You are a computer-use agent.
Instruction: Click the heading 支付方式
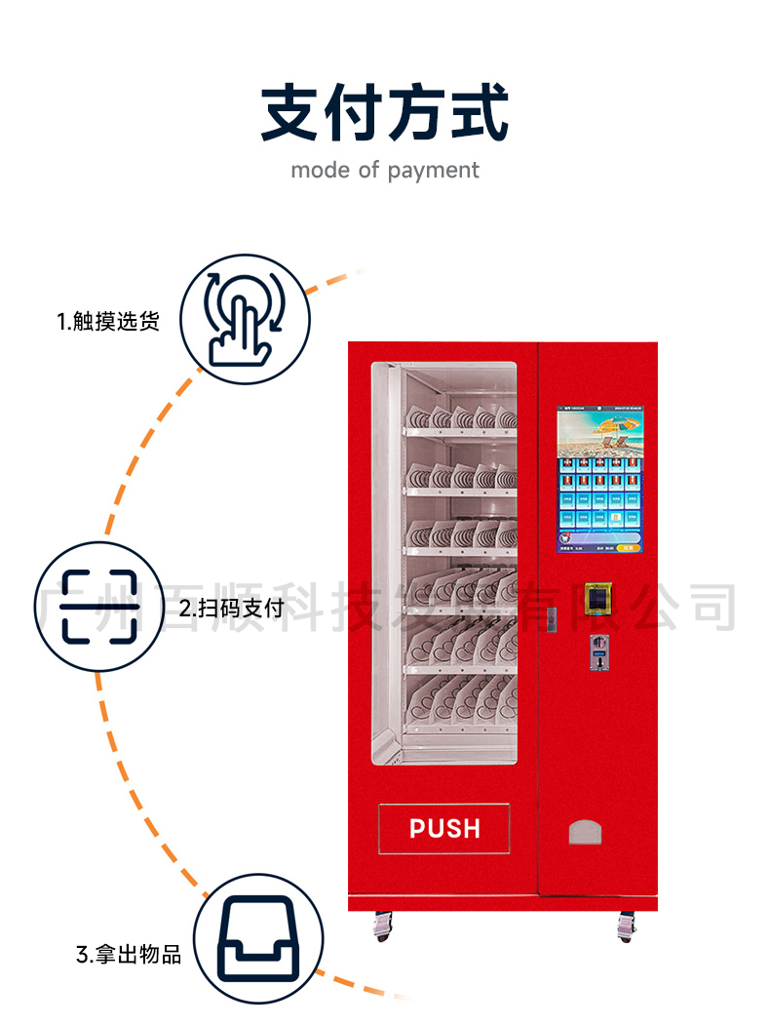(x=384, y=114)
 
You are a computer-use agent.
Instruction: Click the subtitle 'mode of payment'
(x=384, y=171)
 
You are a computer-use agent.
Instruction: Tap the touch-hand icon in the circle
(x=245, y=318)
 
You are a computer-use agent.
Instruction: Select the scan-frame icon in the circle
(x=100, y=606)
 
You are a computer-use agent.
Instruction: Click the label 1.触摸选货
(x=107, y=321)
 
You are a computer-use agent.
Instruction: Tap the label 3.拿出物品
(x=129, y=953)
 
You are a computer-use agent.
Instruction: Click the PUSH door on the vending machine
(x=443, y=828)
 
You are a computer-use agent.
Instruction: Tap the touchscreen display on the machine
(x=599, y=480)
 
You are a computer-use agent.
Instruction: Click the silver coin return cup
(x=585, y=831)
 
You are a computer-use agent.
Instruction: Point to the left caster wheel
(x=382, y=927)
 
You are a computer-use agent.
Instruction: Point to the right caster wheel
(x=626, y=927)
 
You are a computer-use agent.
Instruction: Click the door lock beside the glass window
(x=550, y=618)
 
